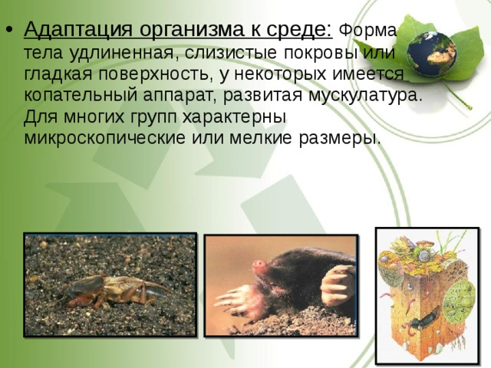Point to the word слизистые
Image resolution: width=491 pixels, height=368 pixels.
point(231,53)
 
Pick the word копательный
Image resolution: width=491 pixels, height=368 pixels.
point(81,95)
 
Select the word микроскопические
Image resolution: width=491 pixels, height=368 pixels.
point(104,138)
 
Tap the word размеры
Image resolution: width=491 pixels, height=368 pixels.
point(339,138)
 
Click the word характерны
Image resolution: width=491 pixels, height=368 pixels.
point(234,117)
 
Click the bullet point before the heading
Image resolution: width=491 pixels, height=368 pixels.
point(9,31)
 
